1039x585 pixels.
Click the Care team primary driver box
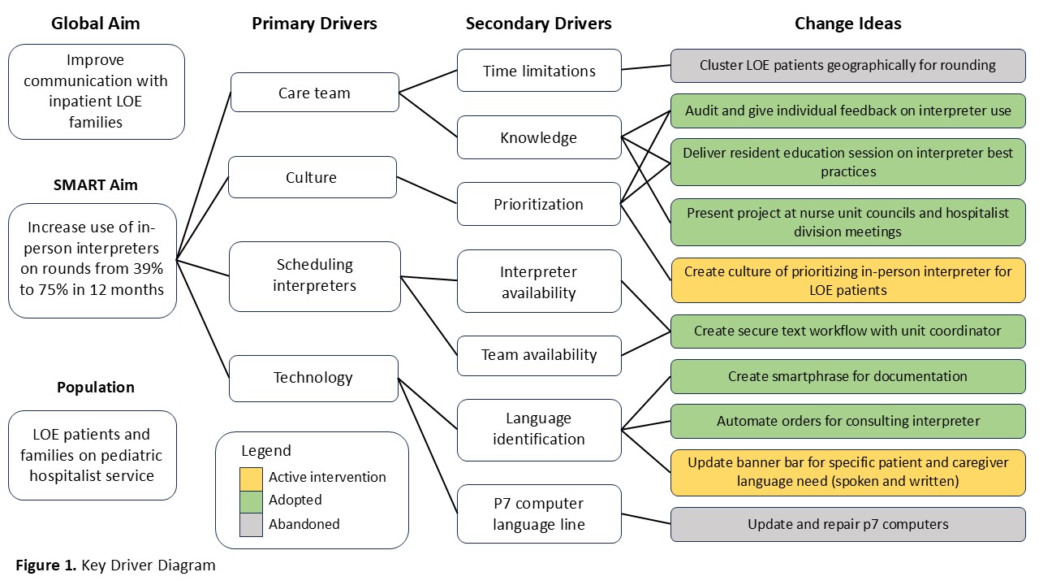[314, 93]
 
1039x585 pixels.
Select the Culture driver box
[313, 177]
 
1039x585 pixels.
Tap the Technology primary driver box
[313, 379]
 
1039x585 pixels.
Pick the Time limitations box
[539, 71]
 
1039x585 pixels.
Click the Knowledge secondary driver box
[539, 137]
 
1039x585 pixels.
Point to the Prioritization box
[538, 204]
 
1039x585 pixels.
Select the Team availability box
[539, 356]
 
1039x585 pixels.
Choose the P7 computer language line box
[539, 514]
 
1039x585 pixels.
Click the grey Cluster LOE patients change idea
[848, 66]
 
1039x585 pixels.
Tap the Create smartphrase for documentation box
[848, 376]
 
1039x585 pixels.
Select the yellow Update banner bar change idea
[848, 473]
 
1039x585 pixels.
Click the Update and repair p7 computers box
[848, 525]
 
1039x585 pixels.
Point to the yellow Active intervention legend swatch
[251, 479]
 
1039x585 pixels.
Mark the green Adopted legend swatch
[251, 502]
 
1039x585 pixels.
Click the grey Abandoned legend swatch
[251, 525]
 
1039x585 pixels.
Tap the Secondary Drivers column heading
[538, 24]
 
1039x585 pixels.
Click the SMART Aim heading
[96, 184]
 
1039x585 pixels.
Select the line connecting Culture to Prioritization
[427, 190]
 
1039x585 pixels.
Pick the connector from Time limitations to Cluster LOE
[646, 67]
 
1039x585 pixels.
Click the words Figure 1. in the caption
[46, 565]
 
